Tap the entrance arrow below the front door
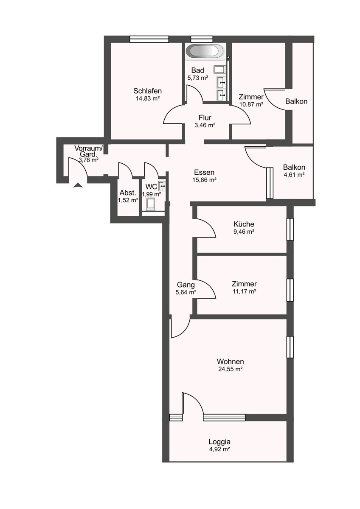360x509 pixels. click(x=78, y=185)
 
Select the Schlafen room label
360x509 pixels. click(x=147, y=91)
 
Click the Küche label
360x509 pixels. click(x=244, y=224)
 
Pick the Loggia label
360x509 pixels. click(x=219, y=442)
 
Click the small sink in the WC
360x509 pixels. click(x=162, y=186)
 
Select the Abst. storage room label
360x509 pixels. click(x=128, y=193)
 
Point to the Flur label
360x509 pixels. click(x=205, y=118)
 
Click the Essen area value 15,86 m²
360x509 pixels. click(x=204, y=180)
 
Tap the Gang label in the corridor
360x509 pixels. click(x=186, y=285)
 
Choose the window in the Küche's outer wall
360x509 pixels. click(x=290, y=229)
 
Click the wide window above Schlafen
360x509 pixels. click(x=149, y=39)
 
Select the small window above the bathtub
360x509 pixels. click(x=202, y=39)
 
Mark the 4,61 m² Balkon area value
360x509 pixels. click(x=294, y=175)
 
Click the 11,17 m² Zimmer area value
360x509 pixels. click(x=244, y=291)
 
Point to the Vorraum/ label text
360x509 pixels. click(x=89, y=148)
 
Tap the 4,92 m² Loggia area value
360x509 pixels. click(x=219, y=449)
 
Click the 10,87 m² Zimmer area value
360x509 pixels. click(x=251, y=104)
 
